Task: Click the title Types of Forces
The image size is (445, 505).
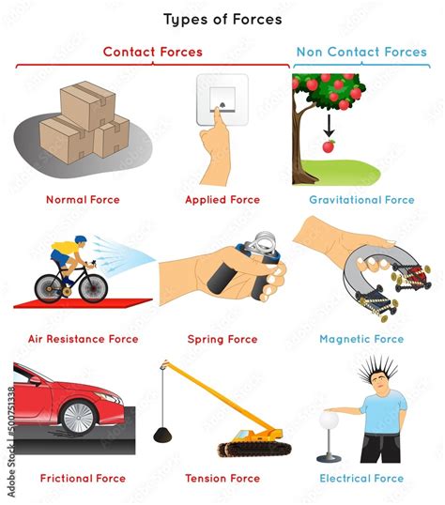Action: pyautogui.click(x=222, y=19)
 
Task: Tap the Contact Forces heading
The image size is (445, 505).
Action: pyautogui.click(x=152, y=53)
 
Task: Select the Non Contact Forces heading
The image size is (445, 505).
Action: pyautogui.click(x=361, y=53)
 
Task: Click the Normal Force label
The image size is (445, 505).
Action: pyautogui.click(x=84, y=200)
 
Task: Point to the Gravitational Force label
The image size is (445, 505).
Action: pyautogui.click(x=361, y=200)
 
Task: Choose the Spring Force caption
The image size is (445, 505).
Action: pyautogui.click(x=222, y=339)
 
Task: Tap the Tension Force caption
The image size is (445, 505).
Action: pyautogui.click(x=222, y=479)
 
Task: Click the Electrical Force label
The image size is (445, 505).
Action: pyautogui.click(x=361, y=479)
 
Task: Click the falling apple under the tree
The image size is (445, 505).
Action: pyautogui.click(x=329, y=146)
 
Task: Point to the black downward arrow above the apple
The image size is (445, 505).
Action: pyautogui.click(x=329, y=125)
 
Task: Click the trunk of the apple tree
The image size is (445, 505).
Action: pyautogui.click(x=301, y=150)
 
